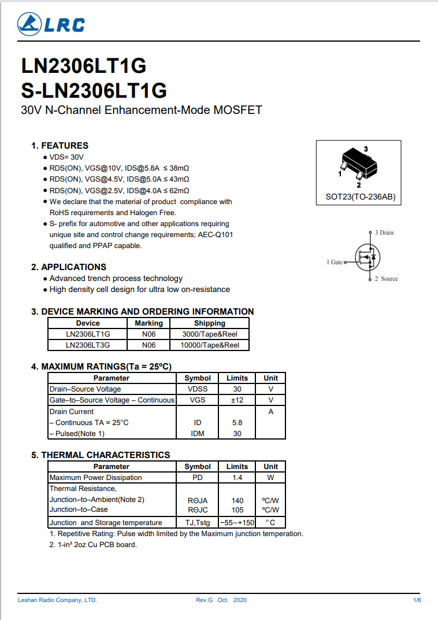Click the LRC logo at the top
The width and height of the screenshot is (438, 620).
pos(51,24)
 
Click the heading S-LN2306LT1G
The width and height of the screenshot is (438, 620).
pos(94,91)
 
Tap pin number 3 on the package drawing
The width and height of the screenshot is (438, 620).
pos(366,149)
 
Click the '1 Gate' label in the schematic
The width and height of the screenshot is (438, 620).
pos(335,262)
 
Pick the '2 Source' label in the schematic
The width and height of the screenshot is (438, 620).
pos(386,279)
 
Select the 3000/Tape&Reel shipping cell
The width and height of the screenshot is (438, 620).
pos(210,334)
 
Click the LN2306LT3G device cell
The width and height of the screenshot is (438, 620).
pos(88,345)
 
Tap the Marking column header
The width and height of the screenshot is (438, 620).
pos(149,323)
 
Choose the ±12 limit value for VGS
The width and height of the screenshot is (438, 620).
pos(237,400)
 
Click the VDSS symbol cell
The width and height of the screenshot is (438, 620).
pos(198,389)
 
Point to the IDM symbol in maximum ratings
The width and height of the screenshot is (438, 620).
pos(198,433)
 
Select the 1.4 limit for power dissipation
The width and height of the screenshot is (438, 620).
pos(237,478)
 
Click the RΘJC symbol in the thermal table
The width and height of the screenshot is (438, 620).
pos(198,510)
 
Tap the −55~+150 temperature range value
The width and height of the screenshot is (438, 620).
pos(237,523)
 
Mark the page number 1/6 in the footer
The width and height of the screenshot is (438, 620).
pos(417,600)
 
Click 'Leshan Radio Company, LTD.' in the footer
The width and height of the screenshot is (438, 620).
pos(57,600)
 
